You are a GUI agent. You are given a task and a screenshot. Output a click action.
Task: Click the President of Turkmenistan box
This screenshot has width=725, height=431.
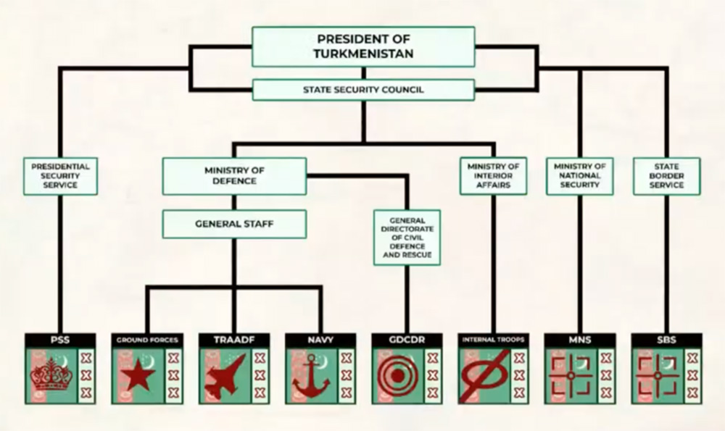pos(363,46)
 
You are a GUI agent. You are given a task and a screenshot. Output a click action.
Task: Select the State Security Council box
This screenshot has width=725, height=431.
pos(363,90)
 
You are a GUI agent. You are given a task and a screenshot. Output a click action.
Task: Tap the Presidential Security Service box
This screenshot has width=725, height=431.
pos(59,176)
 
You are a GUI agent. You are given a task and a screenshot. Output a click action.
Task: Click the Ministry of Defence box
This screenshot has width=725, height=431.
pos(234,176)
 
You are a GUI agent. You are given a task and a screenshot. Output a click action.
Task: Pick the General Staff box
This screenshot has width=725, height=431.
pos(234,224)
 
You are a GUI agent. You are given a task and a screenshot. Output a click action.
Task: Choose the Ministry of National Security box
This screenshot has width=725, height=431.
pos(579,176)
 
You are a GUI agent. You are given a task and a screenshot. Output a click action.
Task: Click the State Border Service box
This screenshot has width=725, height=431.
pos(667,176)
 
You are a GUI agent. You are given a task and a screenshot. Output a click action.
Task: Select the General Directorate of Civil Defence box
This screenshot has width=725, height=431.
pos(407,237)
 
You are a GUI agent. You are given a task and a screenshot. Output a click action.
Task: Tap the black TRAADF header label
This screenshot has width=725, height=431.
pos(233,339)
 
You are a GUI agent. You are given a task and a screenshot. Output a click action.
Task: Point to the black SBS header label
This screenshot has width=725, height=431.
pos(667,339)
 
